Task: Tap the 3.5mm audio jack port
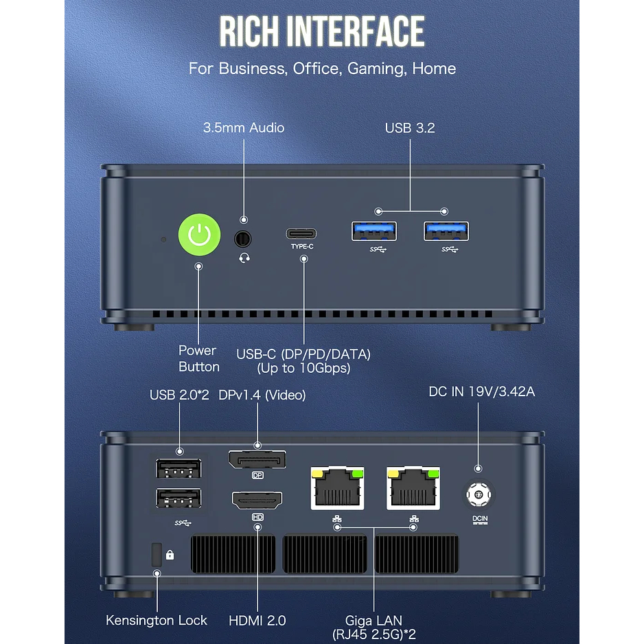[x=243, y=239]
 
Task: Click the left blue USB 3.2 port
[x=374, y=232]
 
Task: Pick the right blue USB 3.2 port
[x=446, y=232]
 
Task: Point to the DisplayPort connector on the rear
[x=257, y=459]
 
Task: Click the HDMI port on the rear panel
[x=257, y=501]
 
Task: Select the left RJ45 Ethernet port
[x=336, y=487]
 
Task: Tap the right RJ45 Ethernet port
[x=413, y=487]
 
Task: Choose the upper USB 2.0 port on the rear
[x=179, y=469]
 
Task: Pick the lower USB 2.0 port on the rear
[x=179, y=499]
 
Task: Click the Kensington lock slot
[x=156, y=554]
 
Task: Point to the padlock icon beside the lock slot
[x=170, y=555]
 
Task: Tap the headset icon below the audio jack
[x=243, y=257]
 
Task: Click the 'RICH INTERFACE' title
[x=322, y=32]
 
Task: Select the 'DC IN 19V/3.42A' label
[x=481, y=392]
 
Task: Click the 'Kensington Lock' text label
[x=157, y=620]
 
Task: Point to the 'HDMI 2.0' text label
[x=257, y=620]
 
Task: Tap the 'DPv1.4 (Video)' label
[x=262, y=395]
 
